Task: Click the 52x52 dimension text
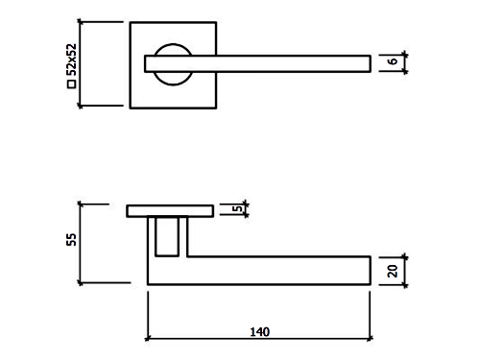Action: click(72, 60)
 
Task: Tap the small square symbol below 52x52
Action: click(72, 84)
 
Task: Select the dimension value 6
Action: click(393, 60)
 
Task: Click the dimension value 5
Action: click(237, 208)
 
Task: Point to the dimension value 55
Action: click(72, 239)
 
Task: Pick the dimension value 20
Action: click(393, 271)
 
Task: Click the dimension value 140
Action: click(260, 332)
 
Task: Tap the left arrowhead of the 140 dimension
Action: click(148, 338)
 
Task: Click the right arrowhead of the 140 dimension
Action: click(371, 338)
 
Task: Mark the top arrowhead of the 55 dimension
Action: click(80, 204)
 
